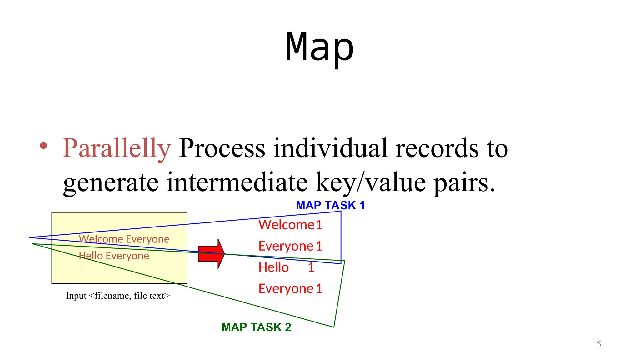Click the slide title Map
tap(319, 47)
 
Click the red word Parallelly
tap(117, 148)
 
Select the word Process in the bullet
tap(222, 148)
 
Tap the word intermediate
tap(237, 182)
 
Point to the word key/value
tap(371, 182)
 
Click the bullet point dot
tap(43, 146)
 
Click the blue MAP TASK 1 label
tap(330, 206)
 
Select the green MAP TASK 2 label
tap(256, 327)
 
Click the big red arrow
tap(211, 253)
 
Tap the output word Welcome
tap(286, 225)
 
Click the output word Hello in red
tap(273, 267)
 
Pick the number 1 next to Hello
tap(311, 267)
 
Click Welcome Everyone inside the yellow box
tap(124, 239)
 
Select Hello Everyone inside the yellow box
tap(114, 256)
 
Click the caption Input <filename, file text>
tap(117, 296)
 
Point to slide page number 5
tap(598, 344)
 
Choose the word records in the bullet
tap(437, 148)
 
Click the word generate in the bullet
tap(111, 182)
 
